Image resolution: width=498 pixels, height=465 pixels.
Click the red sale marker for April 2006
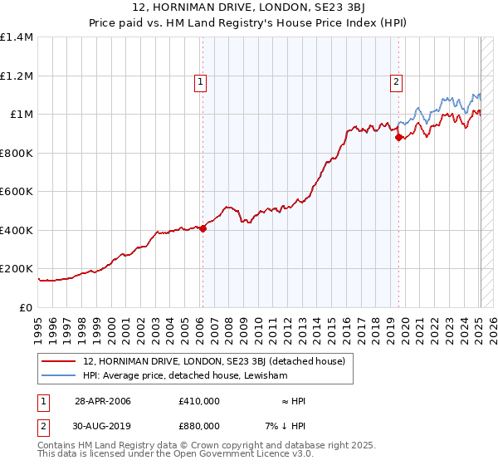(x=203, y=228)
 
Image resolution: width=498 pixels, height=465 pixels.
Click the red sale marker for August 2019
(x=398, y=138)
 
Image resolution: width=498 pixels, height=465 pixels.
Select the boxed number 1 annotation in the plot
(x=201, y=81)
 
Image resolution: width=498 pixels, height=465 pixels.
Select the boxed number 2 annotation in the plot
(x=397, y=81)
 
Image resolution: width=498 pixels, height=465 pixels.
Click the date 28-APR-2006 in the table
(x=103, y=401)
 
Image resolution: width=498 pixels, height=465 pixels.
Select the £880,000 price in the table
(x=199, y=426)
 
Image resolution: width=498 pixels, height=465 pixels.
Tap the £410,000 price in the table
(x=199, y=401)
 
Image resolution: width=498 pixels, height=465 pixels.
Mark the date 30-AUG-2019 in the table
(x=103, y=426)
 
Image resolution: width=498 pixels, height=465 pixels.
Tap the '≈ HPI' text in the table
(x=292, y=401)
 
